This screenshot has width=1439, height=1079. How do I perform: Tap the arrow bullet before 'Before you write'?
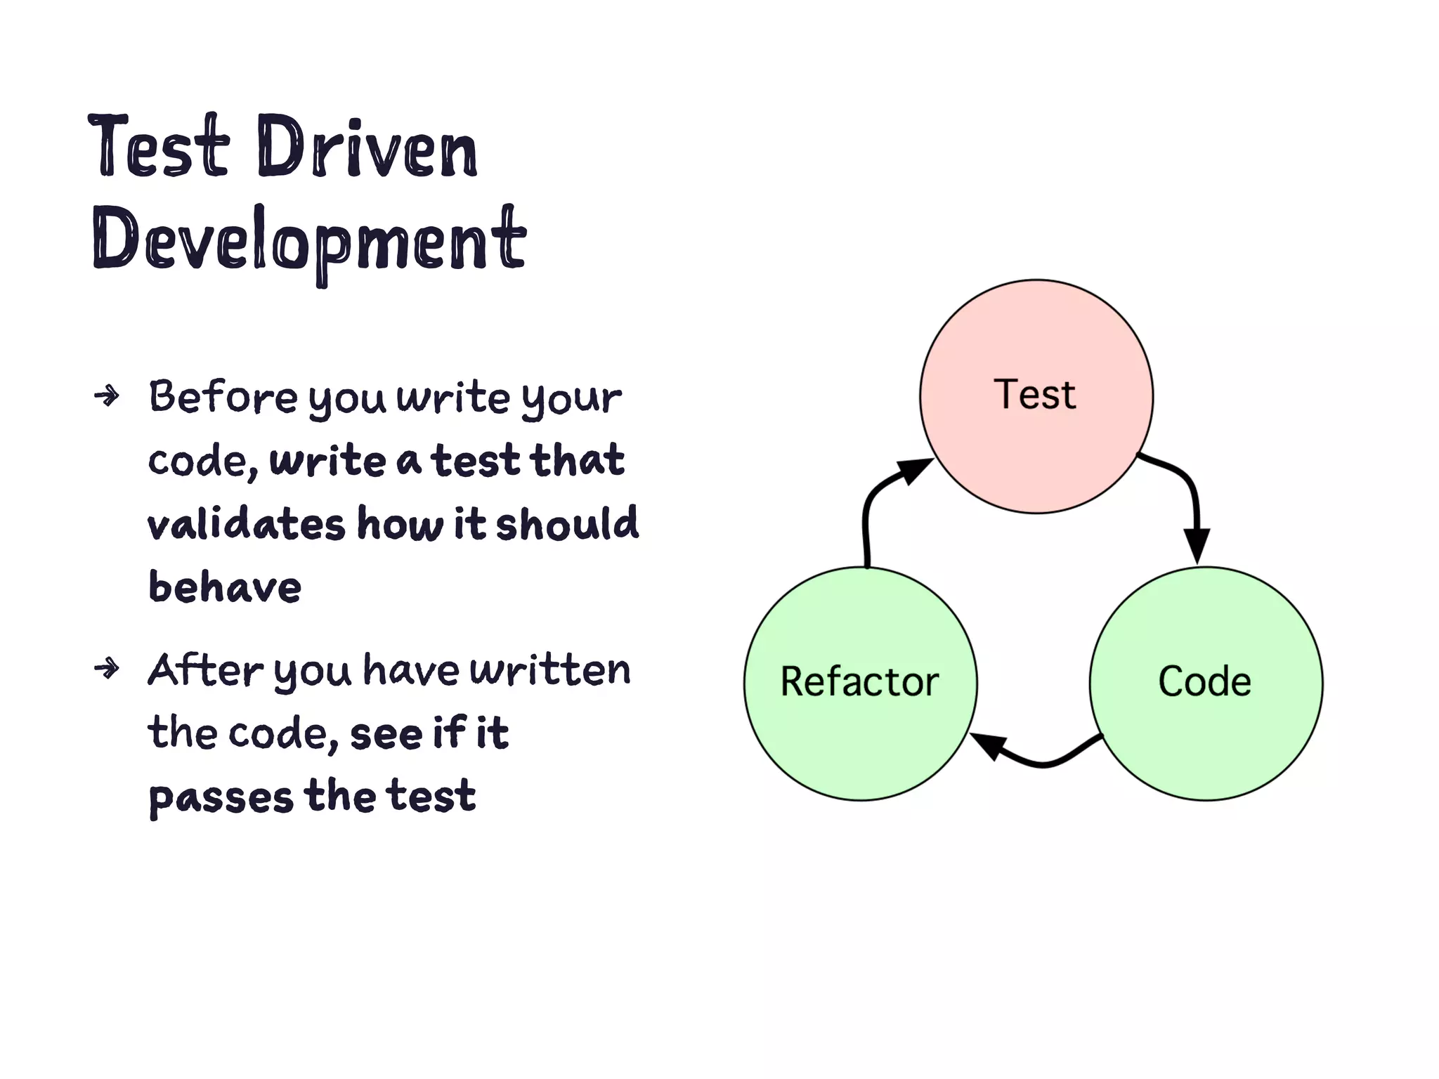pos(107,396)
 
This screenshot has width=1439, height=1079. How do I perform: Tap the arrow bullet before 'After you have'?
pos(107,668)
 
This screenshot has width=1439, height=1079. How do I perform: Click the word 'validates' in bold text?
pos(246,524)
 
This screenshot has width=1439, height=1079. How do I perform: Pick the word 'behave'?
pos(225,587)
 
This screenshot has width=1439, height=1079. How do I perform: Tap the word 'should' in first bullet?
pos(567,524)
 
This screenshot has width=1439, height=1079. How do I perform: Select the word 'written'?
pos(549,670)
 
